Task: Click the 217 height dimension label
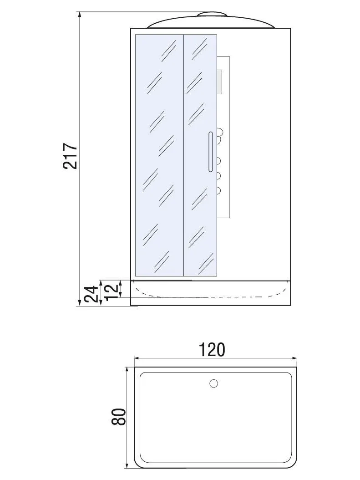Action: (x=70, y=155)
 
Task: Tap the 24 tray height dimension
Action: (x=91, y=294)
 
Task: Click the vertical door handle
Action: (x=210, y=151)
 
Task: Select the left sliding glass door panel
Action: (x=159, y=155)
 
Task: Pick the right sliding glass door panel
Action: (x=200, y=155)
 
